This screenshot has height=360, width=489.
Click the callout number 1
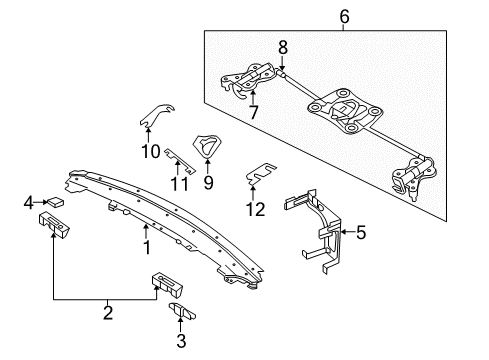[x=146, y=244]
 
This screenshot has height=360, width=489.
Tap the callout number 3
[x=182, y=339]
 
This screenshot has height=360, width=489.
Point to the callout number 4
[x=28, y=204]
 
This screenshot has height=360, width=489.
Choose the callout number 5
[x=360, y=233]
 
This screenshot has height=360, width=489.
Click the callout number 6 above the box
[x=343, y=15]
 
